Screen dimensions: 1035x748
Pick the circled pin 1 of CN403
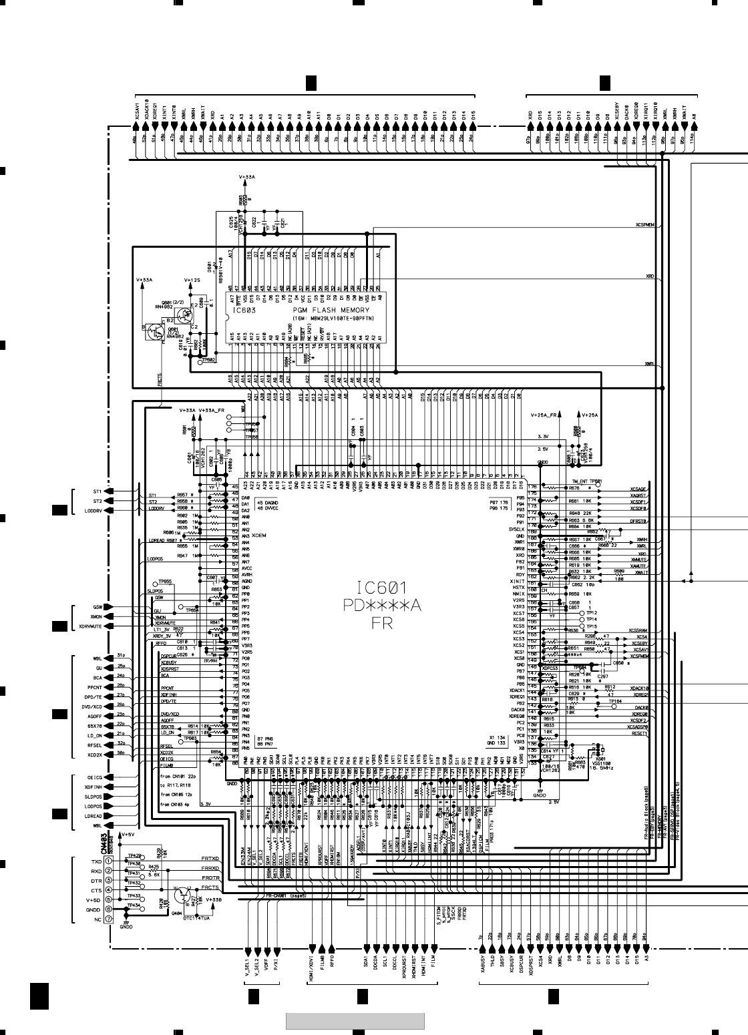click(x=108, y=861)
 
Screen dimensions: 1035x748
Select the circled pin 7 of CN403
click(x=108, y=919)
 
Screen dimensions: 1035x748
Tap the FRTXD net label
click(x=210, y=858)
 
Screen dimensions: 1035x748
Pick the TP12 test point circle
click(x=582, y=612)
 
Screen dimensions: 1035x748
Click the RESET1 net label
click(x=640, y=733)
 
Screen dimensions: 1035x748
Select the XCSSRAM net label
click(x=638, y=630)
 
